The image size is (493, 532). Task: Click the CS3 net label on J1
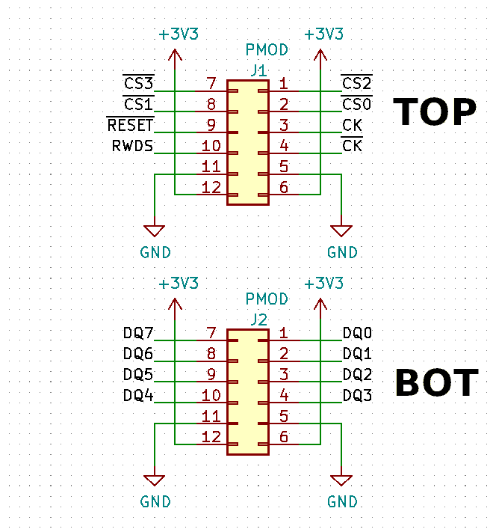click(x=138, y=83)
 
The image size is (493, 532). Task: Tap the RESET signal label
click(x=131, y=125)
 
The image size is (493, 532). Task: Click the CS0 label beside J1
click(x=356, y=104)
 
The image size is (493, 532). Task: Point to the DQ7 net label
click(x=138, y=333)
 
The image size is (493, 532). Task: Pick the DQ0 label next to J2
click(x=357, y=333)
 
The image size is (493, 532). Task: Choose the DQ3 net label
click(x=357, y=395)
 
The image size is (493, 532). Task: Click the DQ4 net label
click(x=138, y=395)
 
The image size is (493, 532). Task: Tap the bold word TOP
click(x=435, y=113)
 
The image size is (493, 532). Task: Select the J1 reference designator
click(x=258, y=71)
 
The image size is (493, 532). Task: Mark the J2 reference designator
click(x=258, y=319)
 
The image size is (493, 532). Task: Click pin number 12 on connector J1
click(x=211, y=188)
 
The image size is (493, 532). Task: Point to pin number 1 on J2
click(x=284, y=333)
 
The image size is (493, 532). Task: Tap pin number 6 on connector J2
click(x=284, y=437)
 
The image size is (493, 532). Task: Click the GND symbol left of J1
click(x=155, y=233)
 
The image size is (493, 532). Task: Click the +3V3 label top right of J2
click(x=324, y=284)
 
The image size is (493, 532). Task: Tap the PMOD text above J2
click(x=267, y=299)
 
